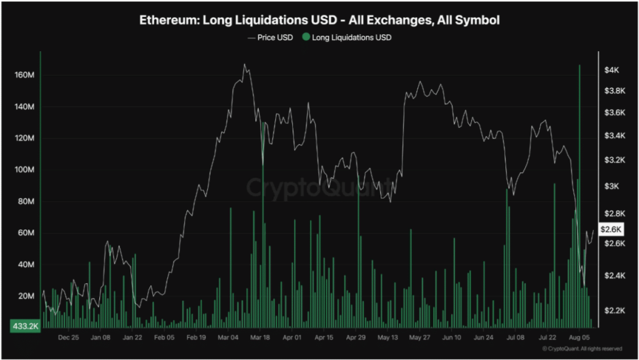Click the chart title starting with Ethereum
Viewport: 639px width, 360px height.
(x=319, y=21)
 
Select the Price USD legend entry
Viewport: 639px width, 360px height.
(x=270, y=37)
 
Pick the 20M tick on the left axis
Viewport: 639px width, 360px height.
(x=26, y=296)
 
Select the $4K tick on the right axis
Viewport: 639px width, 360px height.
(x=611, y=71)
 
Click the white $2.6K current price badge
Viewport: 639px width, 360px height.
(x=611, y=230)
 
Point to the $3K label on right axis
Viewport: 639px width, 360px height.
(x=611, y=187)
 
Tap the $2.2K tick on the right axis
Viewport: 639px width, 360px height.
(x=611, y=310)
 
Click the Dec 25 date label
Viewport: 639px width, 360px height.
(x=68, y=337)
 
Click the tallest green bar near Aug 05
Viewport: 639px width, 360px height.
(x=580, y=187)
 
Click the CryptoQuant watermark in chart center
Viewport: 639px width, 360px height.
(x=319, y=187)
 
